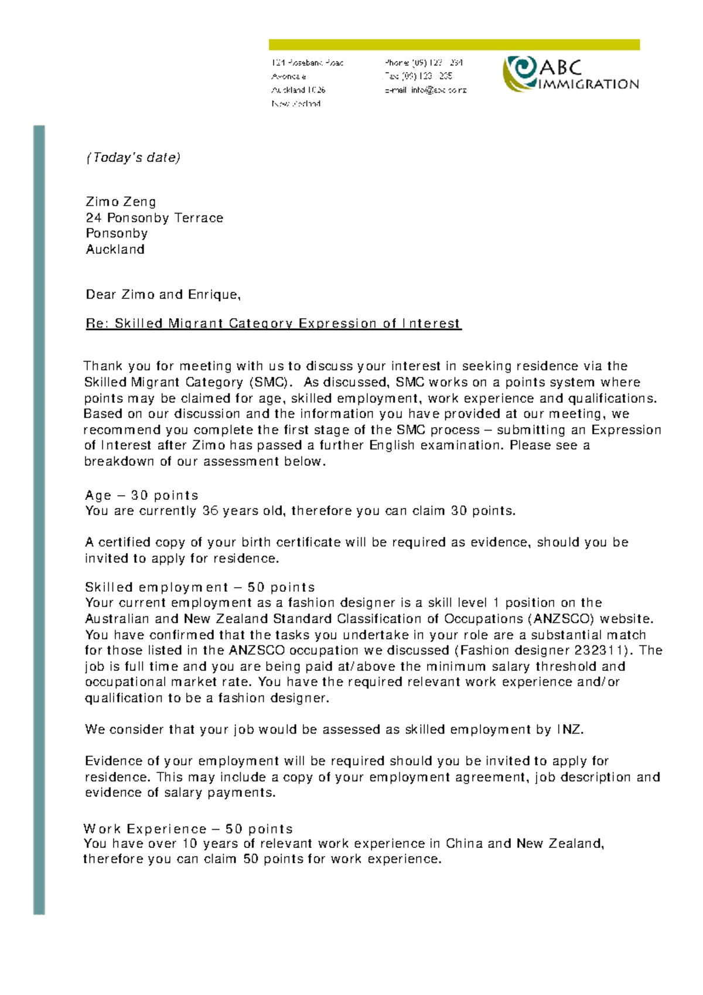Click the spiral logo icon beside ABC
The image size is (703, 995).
[520, 73]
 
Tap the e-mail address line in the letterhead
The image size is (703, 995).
[425, 90]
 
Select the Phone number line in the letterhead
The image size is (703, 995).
[424, 63]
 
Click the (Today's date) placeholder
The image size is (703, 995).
[133, 158]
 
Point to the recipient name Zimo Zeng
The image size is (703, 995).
[121, 202]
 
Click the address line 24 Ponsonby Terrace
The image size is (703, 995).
[154, 218]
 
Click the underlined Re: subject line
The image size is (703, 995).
[273, 323]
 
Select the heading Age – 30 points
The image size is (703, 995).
[141, 495]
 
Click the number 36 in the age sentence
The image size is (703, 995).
[210, 511]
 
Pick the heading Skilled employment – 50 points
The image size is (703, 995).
[200, 587]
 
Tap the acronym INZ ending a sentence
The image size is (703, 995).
[569, 730]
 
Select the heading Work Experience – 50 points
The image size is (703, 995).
[188, 829]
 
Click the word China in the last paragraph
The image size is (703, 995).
[464, 843]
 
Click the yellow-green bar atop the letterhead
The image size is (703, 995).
[454, 45]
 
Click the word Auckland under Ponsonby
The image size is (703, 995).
[115, 250]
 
